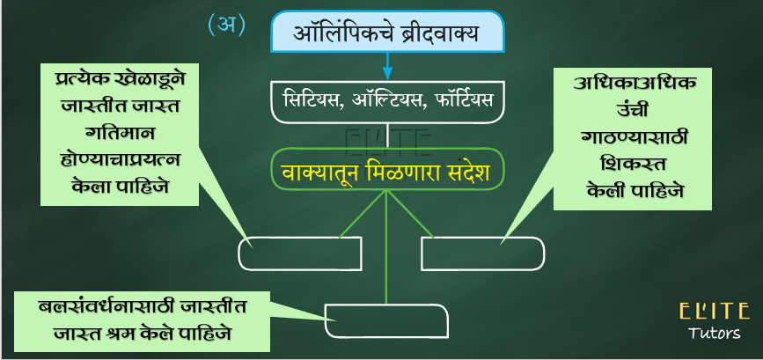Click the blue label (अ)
pyautogui.click(x=226, y=25)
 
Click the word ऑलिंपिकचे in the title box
pyautogui.click(x=346, y=33)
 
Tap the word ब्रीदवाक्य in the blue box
pyautogui.click(x=442, y=34)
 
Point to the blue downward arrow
pyautogui.click(x=387, y=65)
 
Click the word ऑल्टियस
pyautogui.click(x=382, y=100)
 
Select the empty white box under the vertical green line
pyautogui.click(x=386, y=320)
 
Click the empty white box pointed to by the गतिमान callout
pyautogui.click(x=300, y=253)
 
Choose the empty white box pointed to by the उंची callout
pyautogui.click(x=483, y=253)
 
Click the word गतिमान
pyautogui.click(x=120, y=133)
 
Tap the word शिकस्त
pyautogui.click(x=634, y=164)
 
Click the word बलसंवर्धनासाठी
pyautogui.click(x=107, y=308)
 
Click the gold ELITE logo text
pyautogui.click(x=714, y=312)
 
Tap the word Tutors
pyautogui.click(x=714, y=334)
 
